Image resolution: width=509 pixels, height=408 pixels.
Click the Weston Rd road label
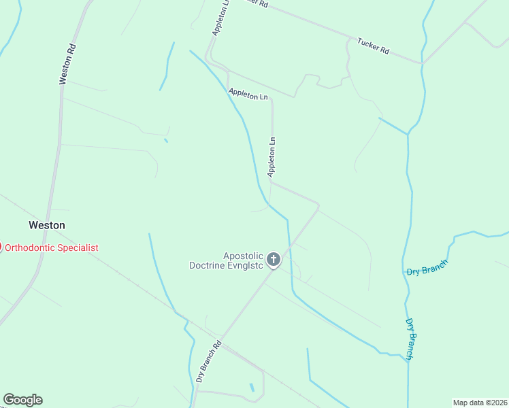(x=66, y=65)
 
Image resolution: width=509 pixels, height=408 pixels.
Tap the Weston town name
(x=47, y=225)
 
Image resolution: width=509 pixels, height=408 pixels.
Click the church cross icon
(x=273, y=259)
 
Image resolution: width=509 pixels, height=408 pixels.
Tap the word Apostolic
(x=243, y=256)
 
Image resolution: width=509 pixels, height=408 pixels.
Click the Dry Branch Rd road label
(x=209, y=361)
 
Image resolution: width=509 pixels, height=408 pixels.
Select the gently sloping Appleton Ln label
(x=248, y=95)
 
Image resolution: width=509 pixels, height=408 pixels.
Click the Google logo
(x=22, y=400)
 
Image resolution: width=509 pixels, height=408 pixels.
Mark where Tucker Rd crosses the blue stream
(x=423, y=63)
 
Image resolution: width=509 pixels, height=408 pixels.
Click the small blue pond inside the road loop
(x=252, y=388)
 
